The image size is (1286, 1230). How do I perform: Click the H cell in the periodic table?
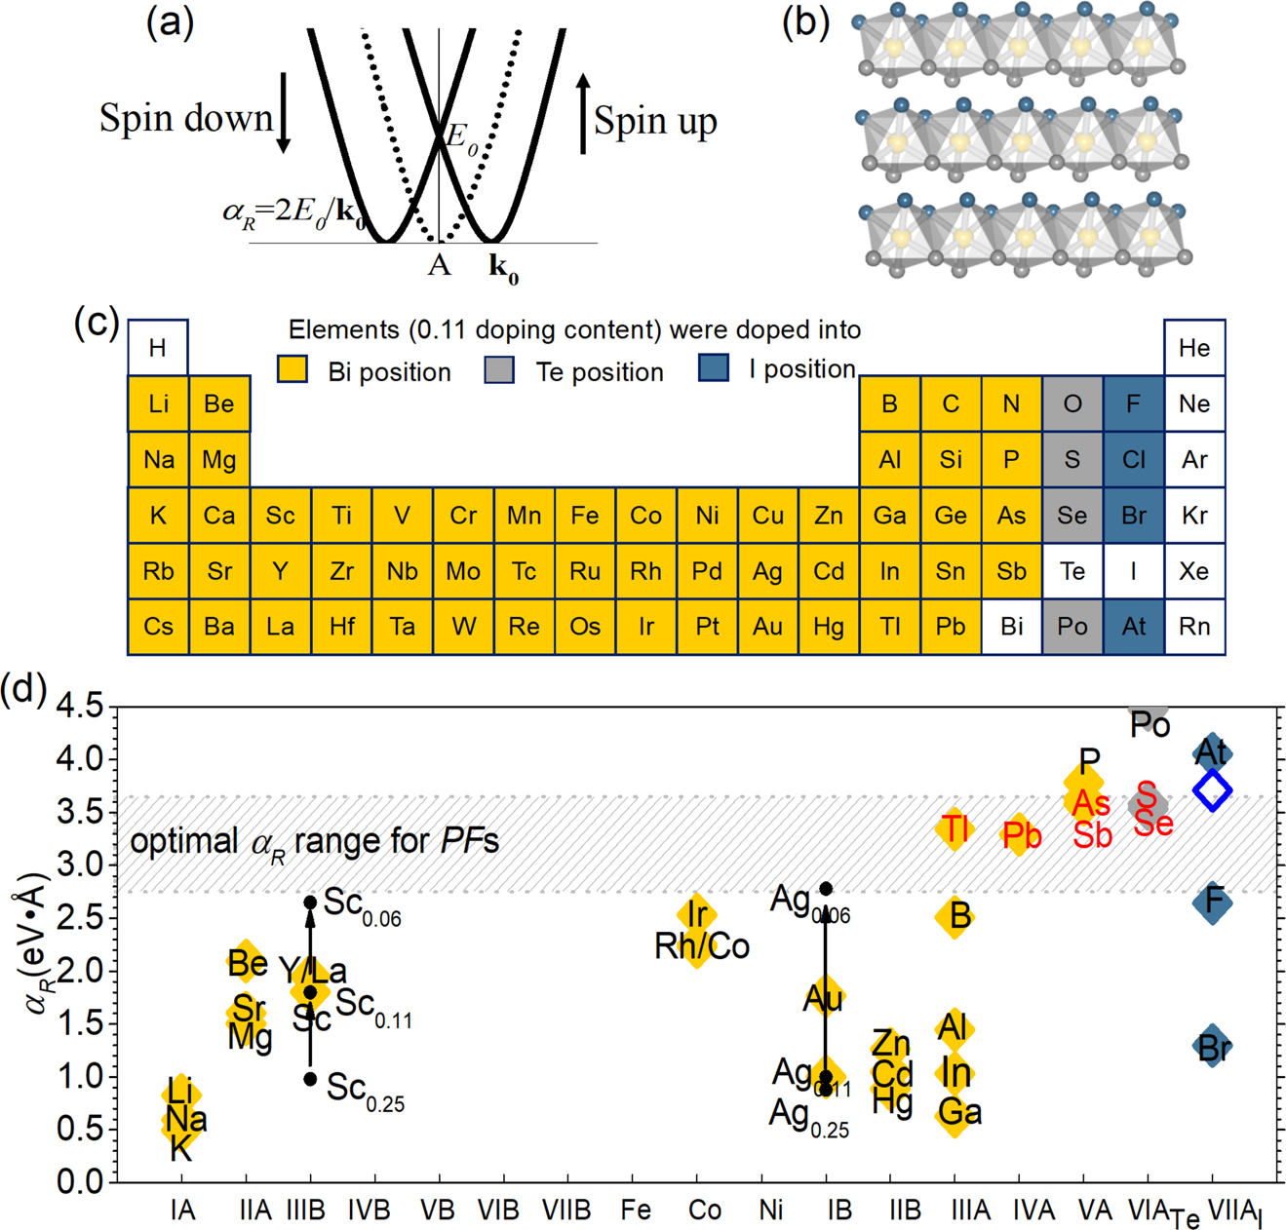(x=158, y=348)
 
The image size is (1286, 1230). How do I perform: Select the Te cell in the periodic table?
(x=1072, y=571)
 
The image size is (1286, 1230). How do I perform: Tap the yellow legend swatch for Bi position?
(x=292, y=369)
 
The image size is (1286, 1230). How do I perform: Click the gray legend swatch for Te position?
(x=499, y=369)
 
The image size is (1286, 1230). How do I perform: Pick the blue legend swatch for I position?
(x=714, y=367)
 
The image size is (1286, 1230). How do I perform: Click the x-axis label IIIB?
(x=305, y=1211)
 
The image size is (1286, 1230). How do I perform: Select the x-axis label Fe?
(x=636, y=1211)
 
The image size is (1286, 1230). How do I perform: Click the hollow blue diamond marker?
(x=1213, y=789)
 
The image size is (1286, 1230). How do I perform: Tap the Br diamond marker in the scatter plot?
(x=1213, y=1047)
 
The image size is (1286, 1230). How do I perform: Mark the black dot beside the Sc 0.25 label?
(x=310, y=1079)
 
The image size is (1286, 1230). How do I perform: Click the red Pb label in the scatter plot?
(x=1022, y=835)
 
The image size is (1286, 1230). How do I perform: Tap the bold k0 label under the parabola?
(x=503, y=268)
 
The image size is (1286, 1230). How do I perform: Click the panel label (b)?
(x=805, y=21)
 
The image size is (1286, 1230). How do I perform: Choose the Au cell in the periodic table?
(x=768, y=627)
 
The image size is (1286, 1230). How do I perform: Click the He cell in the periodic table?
(x=1194, y=348)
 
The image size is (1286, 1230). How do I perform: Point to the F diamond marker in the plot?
(x=1213, y=902)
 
